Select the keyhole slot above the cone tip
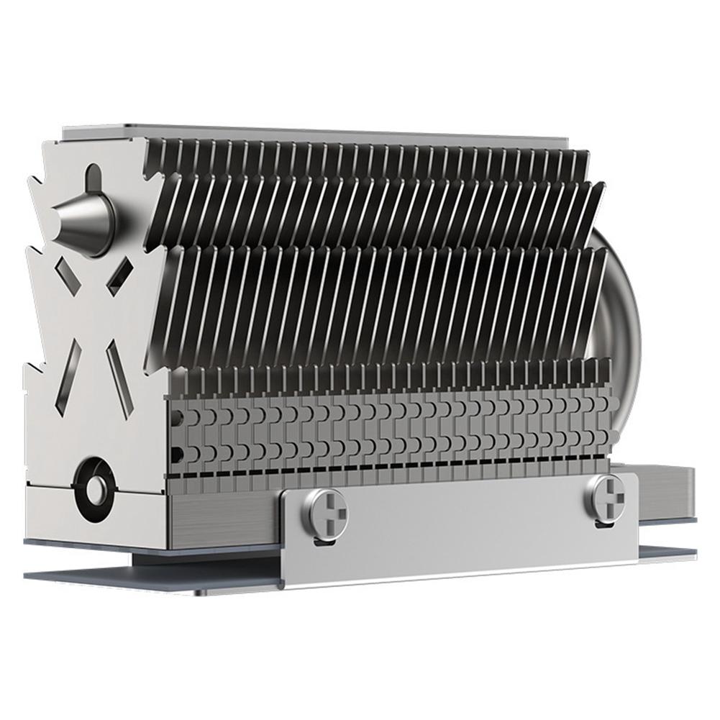pos(94,176)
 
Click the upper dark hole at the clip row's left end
pos(177,415)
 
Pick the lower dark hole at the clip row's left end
pos(177,452)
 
